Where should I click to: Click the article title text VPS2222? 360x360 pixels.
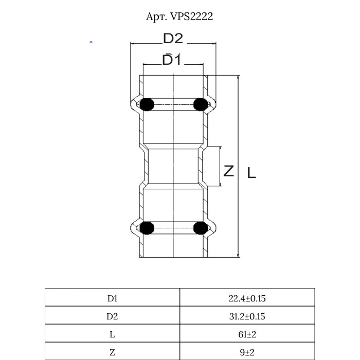click(x=179, y=16)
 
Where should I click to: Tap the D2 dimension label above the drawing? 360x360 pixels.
click(x=173, y=39)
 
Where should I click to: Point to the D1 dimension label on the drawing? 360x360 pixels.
click(x=172, y=60)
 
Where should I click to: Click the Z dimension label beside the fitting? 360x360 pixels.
click(x=229, y=170)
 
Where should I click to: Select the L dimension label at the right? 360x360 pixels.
click(x=251, y=173)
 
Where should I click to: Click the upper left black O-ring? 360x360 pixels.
click(x=147, y=104)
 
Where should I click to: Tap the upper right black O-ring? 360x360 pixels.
click(x=200, y=104)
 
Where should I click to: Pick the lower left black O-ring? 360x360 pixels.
click(x=147, y=228)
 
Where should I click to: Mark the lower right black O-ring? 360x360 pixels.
click(x=200, y=228)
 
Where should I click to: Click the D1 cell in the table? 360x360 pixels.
click(x=112, y=298)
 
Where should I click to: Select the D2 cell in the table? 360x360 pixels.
click(x=112, y=316)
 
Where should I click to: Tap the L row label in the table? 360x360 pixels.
click(x=112, y=334)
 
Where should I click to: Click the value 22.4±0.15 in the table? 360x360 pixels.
click(x=247, y=298)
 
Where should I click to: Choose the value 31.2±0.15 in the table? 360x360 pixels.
click(x=247, y=316)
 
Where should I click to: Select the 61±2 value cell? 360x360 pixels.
click(x=247, y=334)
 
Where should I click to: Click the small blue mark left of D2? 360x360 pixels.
click(x=91, y=42)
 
